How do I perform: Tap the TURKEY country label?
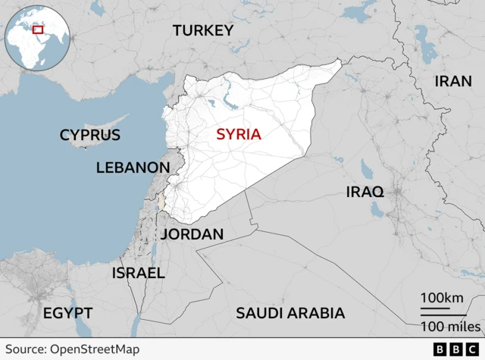pos(202,30)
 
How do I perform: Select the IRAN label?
pos(453,81)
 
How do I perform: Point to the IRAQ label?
pos(365,191)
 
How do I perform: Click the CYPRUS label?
pos(90,135)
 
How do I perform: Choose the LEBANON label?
pos(133,167)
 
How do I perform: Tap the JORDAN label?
pos(192,234)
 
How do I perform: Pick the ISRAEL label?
pos(138,273)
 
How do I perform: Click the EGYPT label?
pos(67,313)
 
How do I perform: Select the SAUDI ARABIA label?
pos(290,313)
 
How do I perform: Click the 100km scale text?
pos(443,298)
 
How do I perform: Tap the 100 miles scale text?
pos(450,326)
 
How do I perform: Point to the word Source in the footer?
pos(24,349)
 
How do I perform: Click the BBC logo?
pos(457,349)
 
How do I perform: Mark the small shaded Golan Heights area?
pos(161,201)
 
